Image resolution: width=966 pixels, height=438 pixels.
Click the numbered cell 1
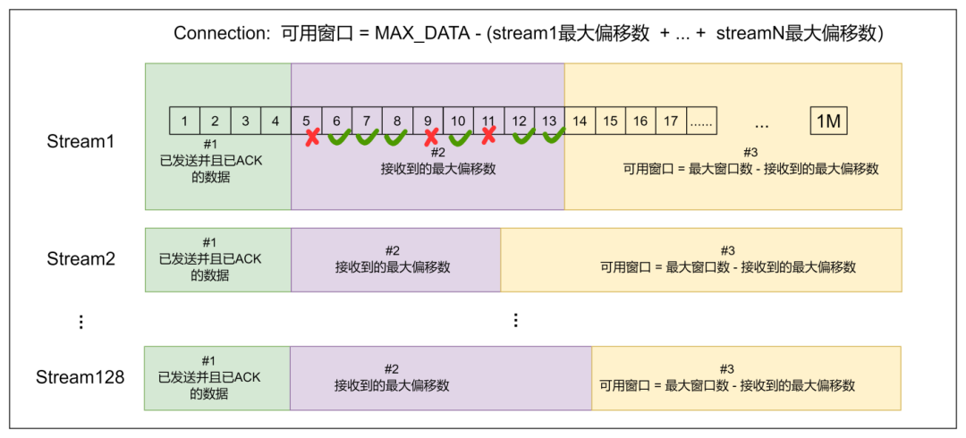click(x=184, y=121)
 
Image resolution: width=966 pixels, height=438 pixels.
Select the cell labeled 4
click(x=275, y=121)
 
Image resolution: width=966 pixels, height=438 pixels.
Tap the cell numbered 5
click(x=306, y=121)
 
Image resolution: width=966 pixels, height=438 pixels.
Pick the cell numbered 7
click(x=367, y=121)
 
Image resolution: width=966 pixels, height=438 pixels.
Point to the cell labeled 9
click(x=428, y=121)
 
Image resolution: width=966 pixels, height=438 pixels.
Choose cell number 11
click(x=488, y=121)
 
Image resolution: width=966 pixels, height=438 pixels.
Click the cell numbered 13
click(x=549, y=121)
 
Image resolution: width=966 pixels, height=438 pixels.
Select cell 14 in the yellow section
click(x=580, y=121)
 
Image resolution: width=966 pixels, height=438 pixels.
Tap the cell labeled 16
click(x=640, y=121)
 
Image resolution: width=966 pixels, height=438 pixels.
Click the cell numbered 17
click(x=671, y=121)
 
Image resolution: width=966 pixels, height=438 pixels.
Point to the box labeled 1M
click(x=828, y=122)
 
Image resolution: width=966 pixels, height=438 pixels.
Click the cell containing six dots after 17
click(x=701, y=121)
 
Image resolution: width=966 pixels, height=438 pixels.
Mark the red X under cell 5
click(x=312, y=137)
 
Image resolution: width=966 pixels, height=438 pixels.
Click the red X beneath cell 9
click(x=431, y=137)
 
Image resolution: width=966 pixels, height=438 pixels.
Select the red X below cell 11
click(x=488, y=136)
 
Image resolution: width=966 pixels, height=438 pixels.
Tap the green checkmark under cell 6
click(x=340, y=137)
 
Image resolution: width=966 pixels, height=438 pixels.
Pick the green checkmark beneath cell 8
click(x=396, y=137)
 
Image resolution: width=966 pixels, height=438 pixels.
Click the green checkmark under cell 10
click(x=461, y=137)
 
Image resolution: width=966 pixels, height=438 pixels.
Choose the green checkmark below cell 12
click(x=524, y=136)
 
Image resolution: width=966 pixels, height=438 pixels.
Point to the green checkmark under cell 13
click(x=555, y=136)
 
